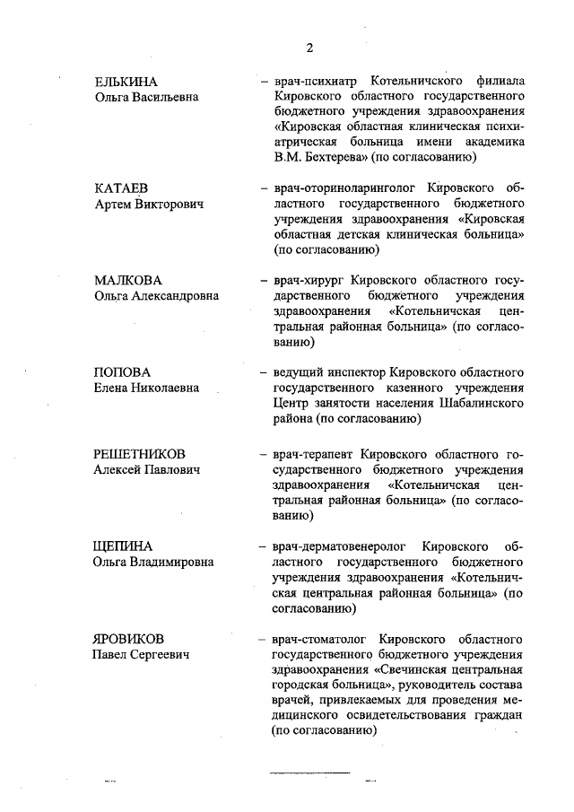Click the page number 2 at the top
coord(309,48)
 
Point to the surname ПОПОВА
coord(123,371)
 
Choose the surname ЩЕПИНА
coord(123,546)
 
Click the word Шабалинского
coord(480,403)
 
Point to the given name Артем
coord(113,205)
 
